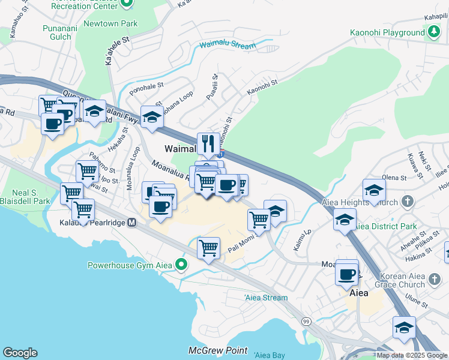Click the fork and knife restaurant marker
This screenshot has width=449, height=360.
pos(208,143)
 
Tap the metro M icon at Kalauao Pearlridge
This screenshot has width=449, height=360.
pos(131,223)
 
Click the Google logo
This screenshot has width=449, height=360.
pos(20,353)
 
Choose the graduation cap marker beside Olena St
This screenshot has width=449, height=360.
pos(374,191)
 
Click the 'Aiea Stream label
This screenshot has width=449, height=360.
pos(266,298)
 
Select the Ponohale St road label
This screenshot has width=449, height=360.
pos(142,86)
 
